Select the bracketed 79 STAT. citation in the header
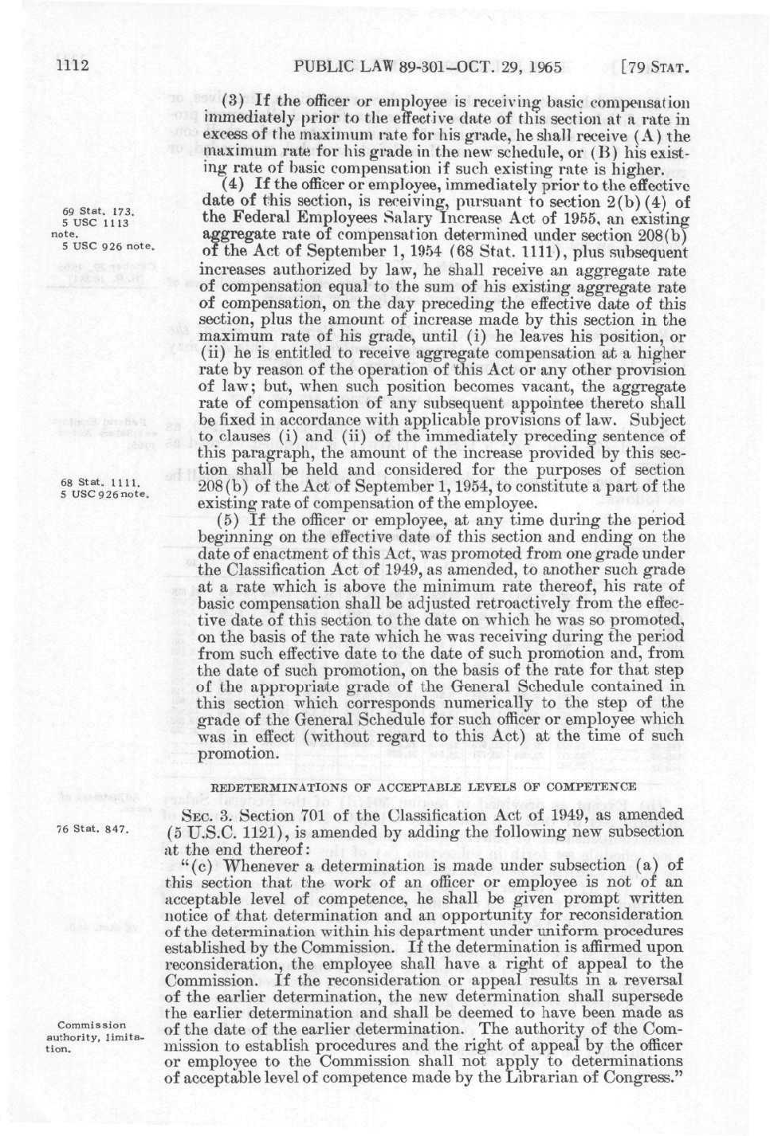(x=653, y=67)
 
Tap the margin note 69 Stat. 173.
(x=97, y=212)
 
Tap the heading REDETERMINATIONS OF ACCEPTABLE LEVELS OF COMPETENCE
(x=422, y=786)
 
